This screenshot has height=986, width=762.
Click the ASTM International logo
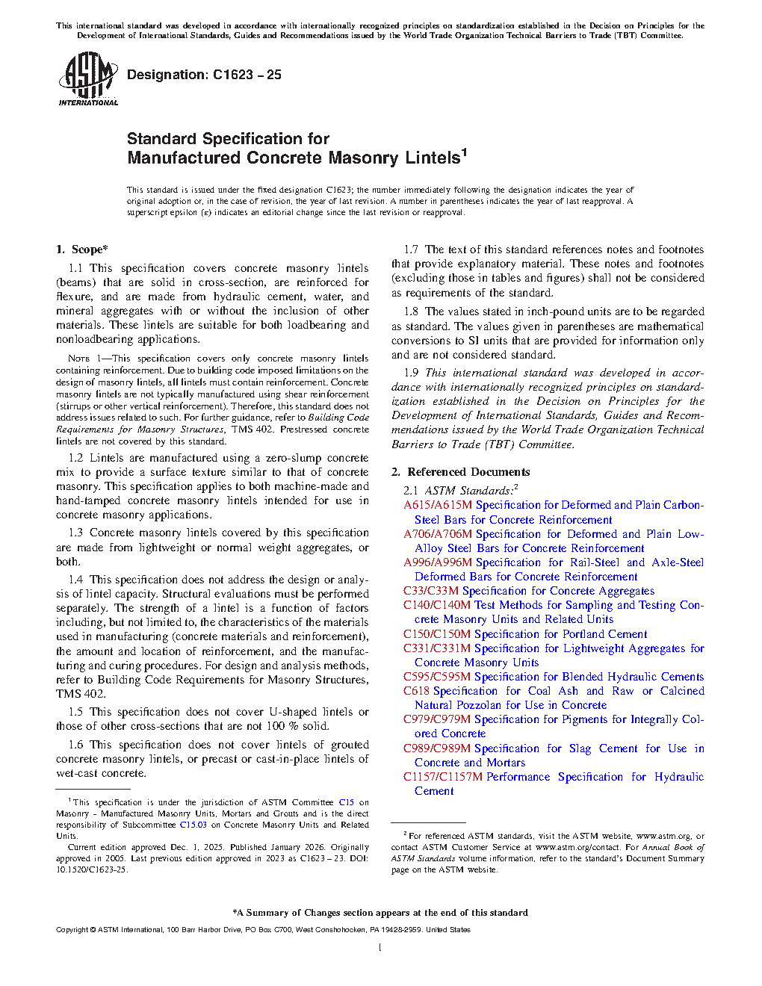coord(88,79)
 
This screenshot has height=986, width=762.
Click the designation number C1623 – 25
coord(247,75)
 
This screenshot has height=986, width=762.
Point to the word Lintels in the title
coord(433,158)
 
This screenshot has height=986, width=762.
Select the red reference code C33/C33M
coord(431,591)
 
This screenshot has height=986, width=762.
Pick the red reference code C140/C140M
coord(437,605)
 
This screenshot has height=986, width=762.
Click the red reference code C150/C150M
coord(437,634)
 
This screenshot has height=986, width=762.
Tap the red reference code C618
coord(417,691)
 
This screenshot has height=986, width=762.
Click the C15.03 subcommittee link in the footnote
coord(193,825)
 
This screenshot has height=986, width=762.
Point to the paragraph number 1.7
coord(411,249)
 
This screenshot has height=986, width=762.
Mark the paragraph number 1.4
coord(75,580)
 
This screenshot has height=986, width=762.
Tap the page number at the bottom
coord(380,948)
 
